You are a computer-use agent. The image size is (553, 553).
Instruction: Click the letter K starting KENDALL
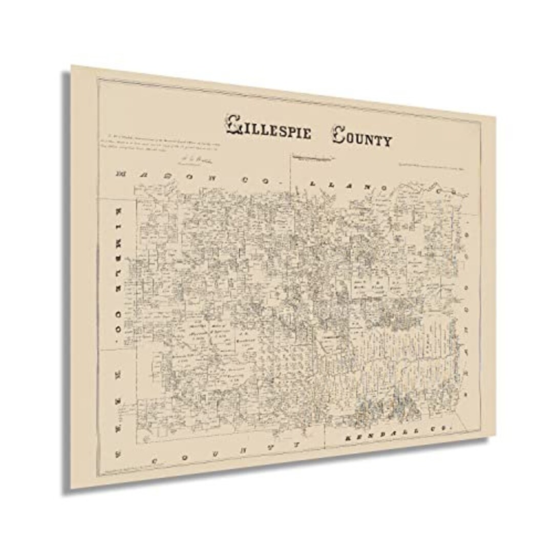tap(348, 439)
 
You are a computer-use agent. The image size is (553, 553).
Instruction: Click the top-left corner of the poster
tap(72, 66)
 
